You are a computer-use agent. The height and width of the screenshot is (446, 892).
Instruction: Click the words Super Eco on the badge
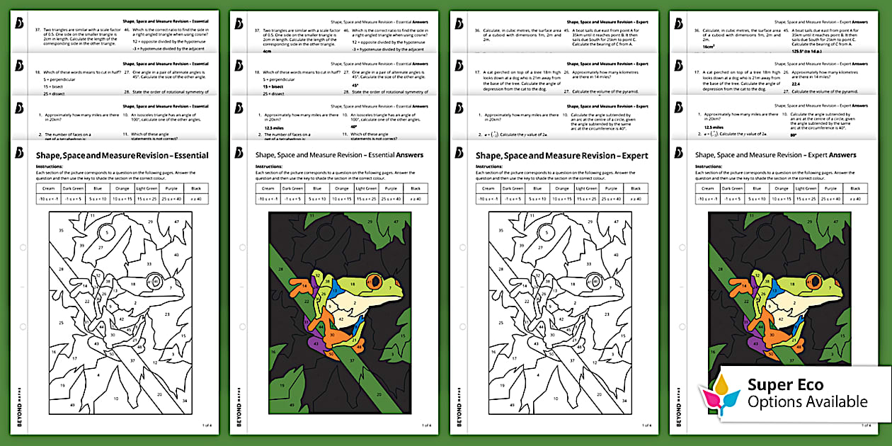[786, 384]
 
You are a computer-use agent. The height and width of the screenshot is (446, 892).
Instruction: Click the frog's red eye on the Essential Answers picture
[374, 281]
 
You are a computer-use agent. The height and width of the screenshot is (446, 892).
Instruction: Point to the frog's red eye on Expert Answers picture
[812, 281]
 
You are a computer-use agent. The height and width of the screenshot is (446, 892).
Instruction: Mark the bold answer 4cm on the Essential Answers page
[268, 51]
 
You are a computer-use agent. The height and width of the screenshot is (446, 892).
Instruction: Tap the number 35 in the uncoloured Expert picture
[501, 231]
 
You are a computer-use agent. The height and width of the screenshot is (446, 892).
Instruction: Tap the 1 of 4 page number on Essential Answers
[426, 425]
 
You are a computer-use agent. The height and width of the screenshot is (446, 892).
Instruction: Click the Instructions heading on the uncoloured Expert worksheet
[491, 166]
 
